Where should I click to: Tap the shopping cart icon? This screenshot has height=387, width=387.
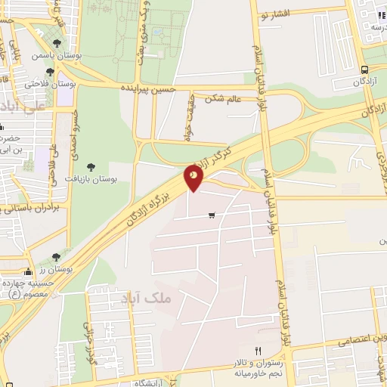tap(212, 215)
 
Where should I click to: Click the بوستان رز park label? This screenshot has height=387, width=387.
tap(55, 268)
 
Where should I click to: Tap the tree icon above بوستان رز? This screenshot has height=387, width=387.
tap(54, 258)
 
